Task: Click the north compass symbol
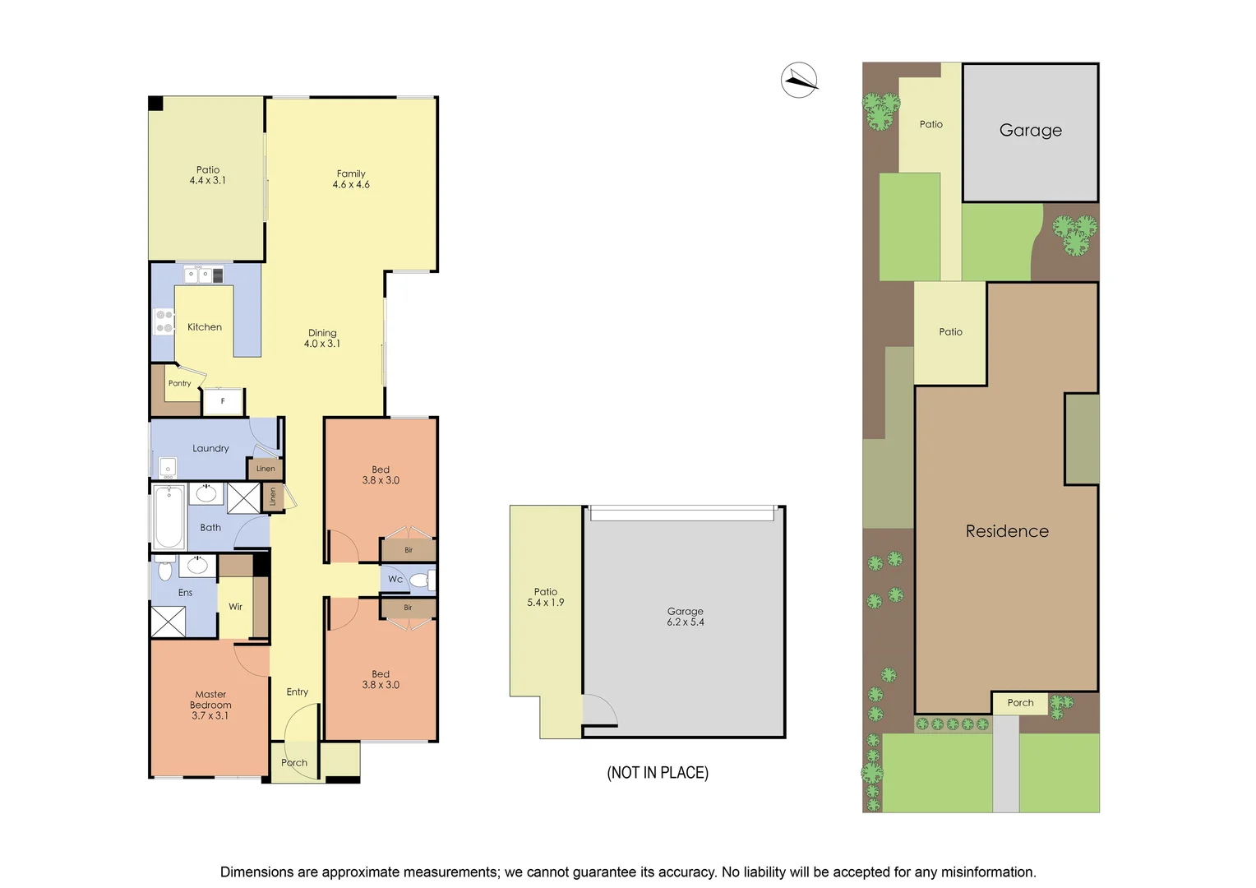pos(798,80)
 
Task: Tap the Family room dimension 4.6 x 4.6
pos(351,185)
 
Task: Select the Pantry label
pos(179,383)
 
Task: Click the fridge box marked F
pos(223,401)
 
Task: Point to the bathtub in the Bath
pos(169,516)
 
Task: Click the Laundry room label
pos(210,448)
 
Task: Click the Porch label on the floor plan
pos(294,763)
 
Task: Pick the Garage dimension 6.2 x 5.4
pos(686,622)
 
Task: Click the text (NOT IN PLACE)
pos(658,773)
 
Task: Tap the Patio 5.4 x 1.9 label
pos(546,597)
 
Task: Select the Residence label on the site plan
pos(1007,531)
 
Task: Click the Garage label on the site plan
pos(1030,130)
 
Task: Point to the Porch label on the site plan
pos(1020,703)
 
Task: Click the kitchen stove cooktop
pos(164,321)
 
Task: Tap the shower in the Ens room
pos(169,622)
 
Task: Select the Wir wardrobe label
pos(236,607)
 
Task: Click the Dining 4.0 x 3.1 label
pos(322,339)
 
